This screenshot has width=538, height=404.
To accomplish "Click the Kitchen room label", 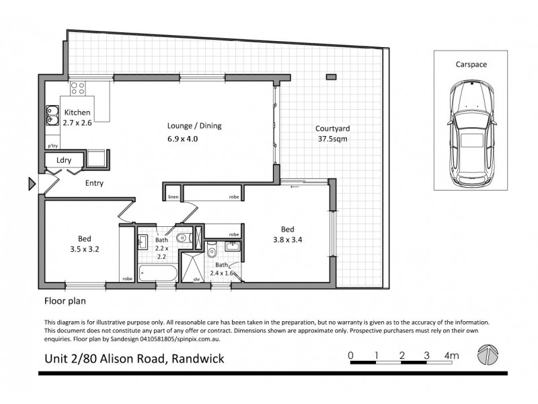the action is [x=77, y=112].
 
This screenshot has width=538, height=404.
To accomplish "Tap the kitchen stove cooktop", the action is [x=78, y=88].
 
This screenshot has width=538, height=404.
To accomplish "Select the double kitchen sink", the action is [x=52, y=115].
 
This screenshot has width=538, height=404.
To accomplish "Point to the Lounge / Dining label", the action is [x=194, y=126].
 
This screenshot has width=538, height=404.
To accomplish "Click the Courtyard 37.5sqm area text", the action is [x=332, y=133].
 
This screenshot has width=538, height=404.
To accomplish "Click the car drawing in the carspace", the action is [x=472, y=134].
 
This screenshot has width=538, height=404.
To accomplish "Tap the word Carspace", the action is [x=471, y=64].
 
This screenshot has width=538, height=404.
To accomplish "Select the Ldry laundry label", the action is [x=64, y=160].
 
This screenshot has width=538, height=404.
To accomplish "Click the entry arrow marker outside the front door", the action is [x=32, y=184].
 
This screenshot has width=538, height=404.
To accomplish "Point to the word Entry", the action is [x=94, y=183].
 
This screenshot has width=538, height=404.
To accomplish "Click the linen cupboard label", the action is [x=174, y=197].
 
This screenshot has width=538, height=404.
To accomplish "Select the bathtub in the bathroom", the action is [x=158, y=273].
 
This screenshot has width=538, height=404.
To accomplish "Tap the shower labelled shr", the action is [x=192, y=267].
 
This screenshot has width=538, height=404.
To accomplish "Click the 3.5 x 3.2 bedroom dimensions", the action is [x=85, y=249].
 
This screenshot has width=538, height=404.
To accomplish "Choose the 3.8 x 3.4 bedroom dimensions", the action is [x=288, y=240].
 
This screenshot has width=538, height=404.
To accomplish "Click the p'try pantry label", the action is [x=53, y=145].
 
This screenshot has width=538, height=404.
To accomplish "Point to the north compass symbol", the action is [x=488, y=355].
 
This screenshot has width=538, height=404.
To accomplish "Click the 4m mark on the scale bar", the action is [x=451, y=356].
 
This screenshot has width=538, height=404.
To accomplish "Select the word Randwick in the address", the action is [x=198, y=359].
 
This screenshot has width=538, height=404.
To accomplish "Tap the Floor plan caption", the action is [x=65, y=301].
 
